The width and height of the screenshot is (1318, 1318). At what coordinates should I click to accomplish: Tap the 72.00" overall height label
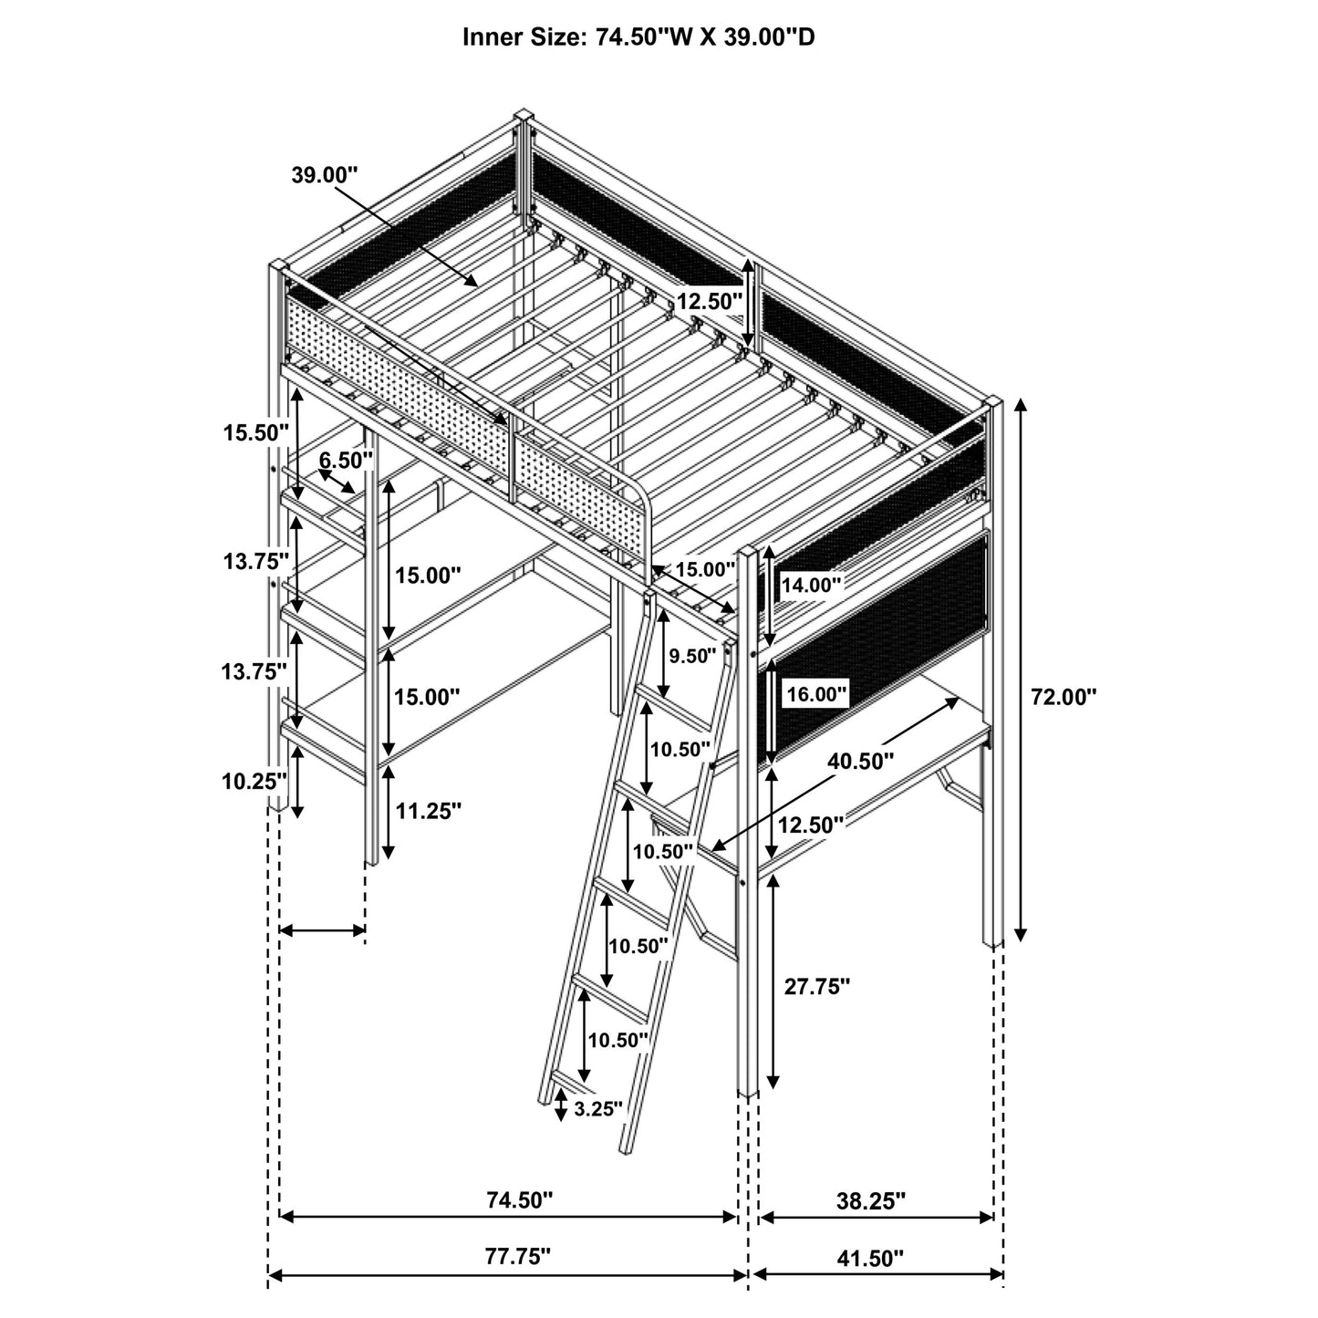1064,697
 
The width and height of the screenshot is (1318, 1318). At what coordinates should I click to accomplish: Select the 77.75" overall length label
518,1256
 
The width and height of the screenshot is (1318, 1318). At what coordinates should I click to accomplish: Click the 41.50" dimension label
870,1259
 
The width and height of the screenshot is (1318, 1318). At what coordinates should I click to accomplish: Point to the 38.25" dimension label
872,1200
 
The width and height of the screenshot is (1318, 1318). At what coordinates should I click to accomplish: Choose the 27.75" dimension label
817,986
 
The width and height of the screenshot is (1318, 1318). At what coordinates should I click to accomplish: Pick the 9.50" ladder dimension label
693,655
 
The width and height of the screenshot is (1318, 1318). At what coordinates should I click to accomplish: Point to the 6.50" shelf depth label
347,460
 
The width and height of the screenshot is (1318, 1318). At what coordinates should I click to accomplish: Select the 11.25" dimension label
428,810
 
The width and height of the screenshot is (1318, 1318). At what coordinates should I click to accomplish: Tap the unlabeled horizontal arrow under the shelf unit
322,930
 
